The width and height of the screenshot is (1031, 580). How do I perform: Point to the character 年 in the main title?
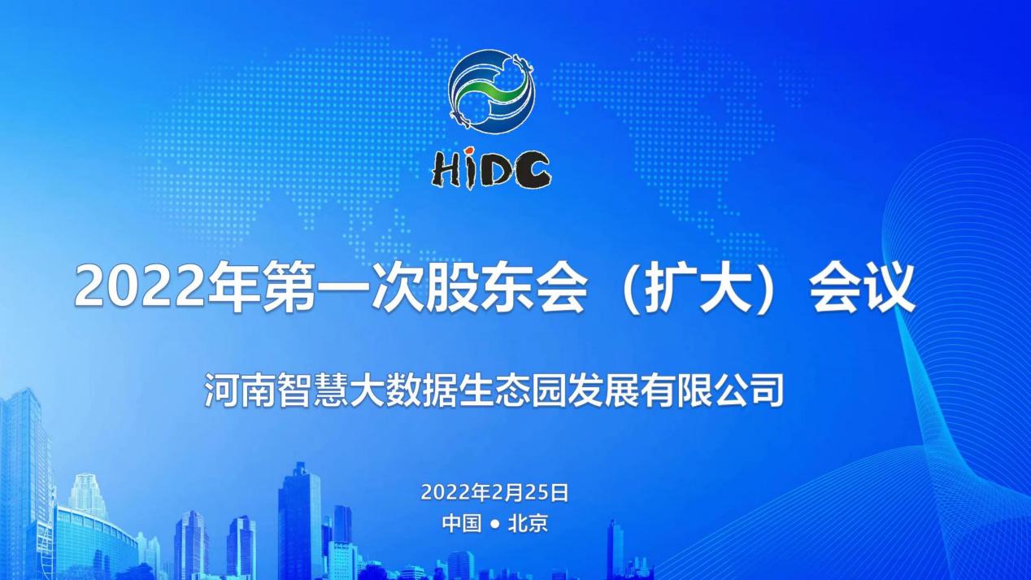[x=234, y=287]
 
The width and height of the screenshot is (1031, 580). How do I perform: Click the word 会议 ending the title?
[x=861, y=287]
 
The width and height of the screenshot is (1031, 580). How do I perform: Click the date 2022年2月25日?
[x=495, y=492]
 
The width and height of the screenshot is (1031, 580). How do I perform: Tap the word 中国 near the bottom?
[x=462, y=523]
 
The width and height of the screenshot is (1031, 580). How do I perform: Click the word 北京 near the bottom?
[x=529, y=523]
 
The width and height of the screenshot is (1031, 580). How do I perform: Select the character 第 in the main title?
[x=289, y=287]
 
